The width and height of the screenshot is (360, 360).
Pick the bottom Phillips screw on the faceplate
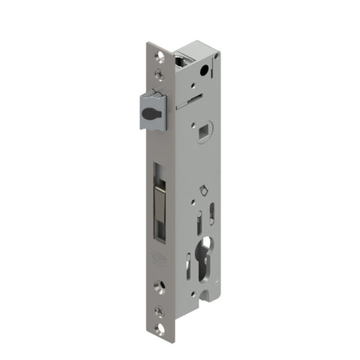[158, 310]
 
